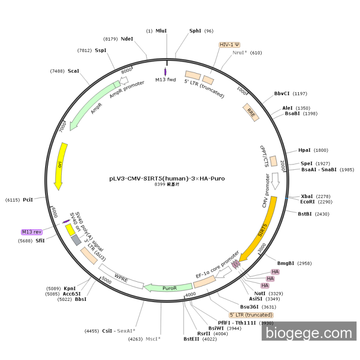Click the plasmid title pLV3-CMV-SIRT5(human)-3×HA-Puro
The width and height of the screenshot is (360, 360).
(x=167, y=179)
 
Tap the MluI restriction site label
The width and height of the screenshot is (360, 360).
(x=161, y=31)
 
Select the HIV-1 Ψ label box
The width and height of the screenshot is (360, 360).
(x=229, y=45)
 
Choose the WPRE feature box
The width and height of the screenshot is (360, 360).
(x=121, y=277)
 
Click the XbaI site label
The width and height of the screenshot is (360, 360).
(x=307, y=196)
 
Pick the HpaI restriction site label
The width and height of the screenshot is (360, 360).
(x=304, y=150)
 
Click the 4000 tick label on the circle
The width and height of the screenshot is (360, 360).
(x=190, y=294)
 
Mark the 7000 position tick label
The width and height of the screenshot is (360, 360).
(x=63, y=125)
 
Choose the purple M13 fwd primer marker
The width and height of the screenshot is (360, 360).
(x=166, y=71)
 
